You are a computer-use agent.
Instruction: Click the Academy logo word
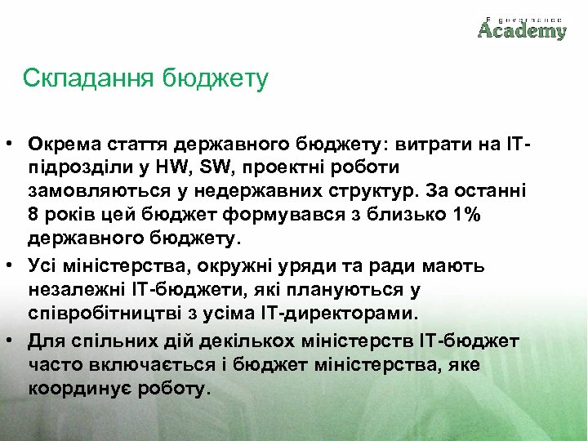(522, 31)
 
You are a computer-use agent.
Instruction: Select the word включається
(151, 364)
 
